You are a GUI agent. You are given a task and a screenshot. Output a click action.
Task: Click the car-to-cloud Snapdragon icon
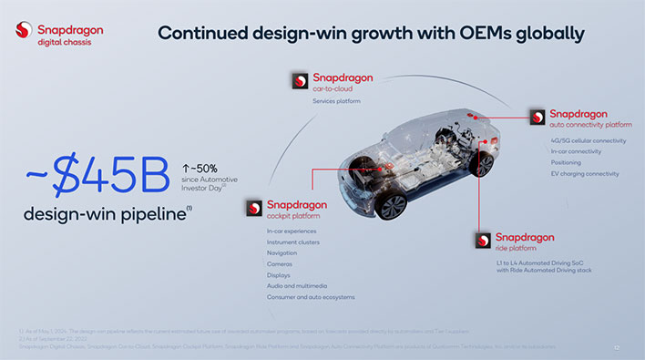(299, 81)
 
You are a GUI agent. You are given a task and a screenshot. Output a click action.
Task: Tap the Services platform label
(336, 101)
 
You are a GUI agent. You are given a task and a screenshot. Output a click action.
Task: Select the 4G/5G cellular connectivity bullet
(589, 141)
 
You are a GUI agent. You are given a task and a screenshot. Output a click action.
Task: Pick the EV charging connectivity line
(585, 173)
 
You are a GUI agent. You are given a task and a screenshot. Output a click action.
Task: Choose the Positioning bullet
(567, 162)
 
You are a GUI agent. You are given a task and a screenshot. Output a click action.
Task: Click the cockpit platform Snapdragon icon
(252, 208)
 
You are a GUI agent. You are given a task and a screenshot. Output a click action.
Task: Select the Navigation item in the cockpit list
(283, 253)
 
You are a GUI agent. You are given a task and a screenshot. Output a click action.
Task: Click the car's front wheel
(391, 204)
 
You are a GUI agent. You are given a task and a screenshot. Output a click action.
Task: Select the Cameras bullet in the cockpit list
(281, 264)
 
